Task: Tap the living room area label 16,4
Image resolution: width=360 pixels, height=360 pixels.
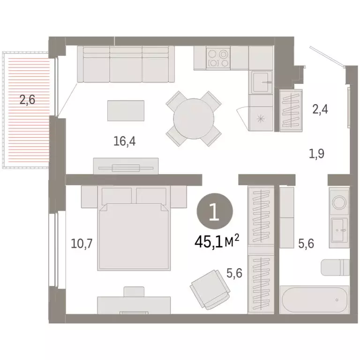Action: pyautogui.click(x=124, y=141)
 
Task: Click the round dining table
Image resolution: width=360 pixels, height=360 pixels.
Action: pyautogui.click(x=194, y=118)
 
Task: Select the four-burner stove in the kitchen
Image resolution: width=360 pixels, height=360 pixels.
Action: pyautogui.click(x=218, y=58)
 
